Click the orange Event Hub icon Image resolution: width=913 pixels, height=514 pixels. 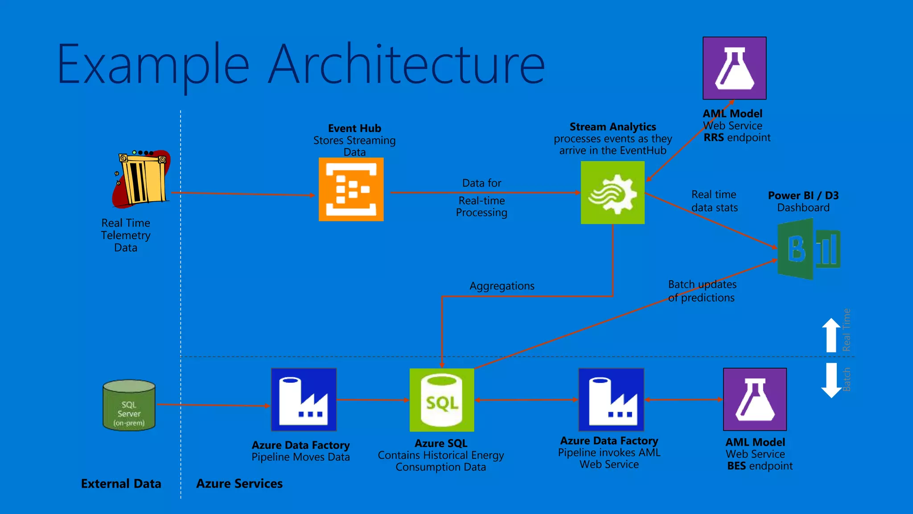pyautogui.click(x=351, y=190)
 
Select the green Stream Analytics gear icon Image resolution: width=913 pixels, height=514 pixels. pyautogui.click(x=613, y=193)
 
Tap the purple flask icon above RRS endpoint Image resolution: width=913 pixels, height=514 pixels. pyautogui.click(x=734, y=68)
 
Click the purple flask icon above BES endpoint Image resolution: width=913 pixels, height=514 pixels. pyautogui.click(x=755, y=399)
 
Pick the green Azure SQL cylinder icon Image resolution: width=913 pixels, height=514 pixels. pyautogui.click(x=442, y=400)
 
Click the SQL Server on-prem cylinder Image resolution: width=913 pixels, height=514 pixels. pyautogui.click(x=129, y=405)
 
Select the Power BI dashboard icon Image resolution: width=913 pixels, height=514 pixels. pyautogui.click(x=808, y=249)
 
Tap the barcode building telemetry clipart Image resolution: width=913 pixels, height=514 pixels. pyautogui.click(x=141, y=178)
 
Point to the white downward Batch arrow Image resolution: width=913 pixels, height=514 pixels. pyautogui.click(x=831, y=380)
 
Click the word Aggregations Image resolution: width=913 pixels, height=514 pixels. pyautogui.click(x=502, y=286)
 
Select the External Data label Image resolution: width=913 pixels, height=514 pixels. pyautogui.click(x=121, y=484)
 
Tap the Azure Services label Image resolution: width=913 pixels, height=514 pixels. pyautogui.click(x=239, y=484)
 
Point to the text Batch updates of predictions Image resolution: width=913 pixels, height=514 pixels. pyautogui.click(x=702, y=291)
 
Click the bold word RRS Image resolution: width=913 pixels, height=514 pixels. pyautogui.click(x=713, y=138)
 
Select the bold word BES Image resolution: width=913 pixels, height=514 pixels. pyautogui.click(x=736, y=466)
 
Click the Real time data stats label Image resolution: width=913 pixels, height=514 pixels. pyautogui.click(x=714, y=201)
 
